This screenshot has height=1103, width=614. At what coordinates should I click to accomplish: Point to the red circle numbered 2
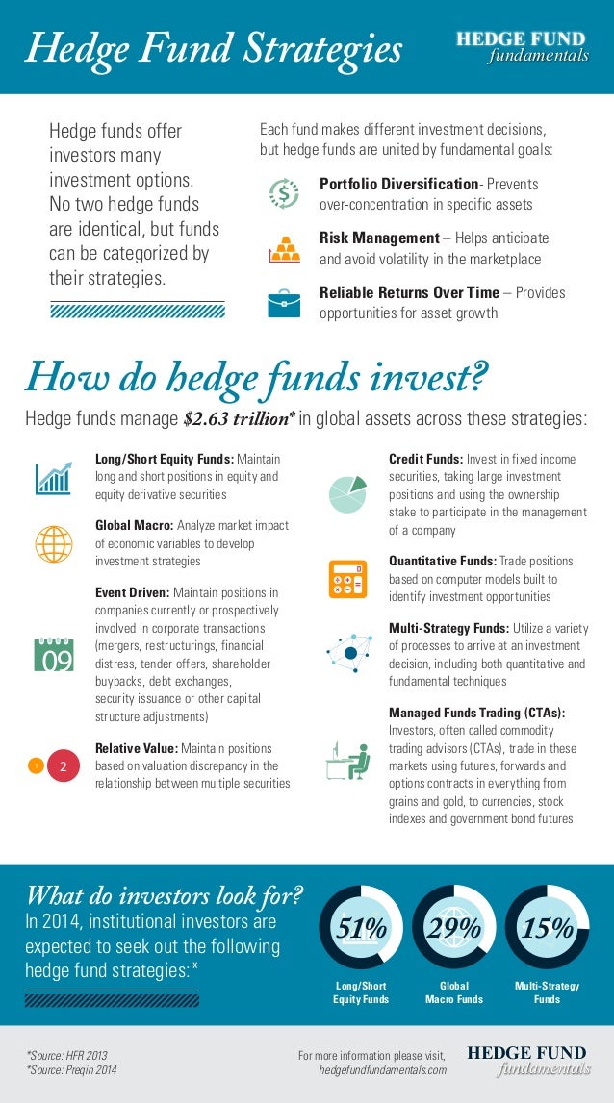(x=63, y=765)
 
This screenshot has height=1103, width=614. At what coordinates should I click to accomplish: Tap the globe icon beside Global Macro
(x=53, y=543)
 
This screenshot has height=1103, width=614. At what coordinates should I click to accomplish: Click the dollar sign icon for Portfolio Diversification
(x=283, y=192)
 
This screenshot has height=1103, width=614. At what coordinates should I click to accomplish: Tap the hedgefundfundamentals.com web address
(x=382, y=1070)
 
